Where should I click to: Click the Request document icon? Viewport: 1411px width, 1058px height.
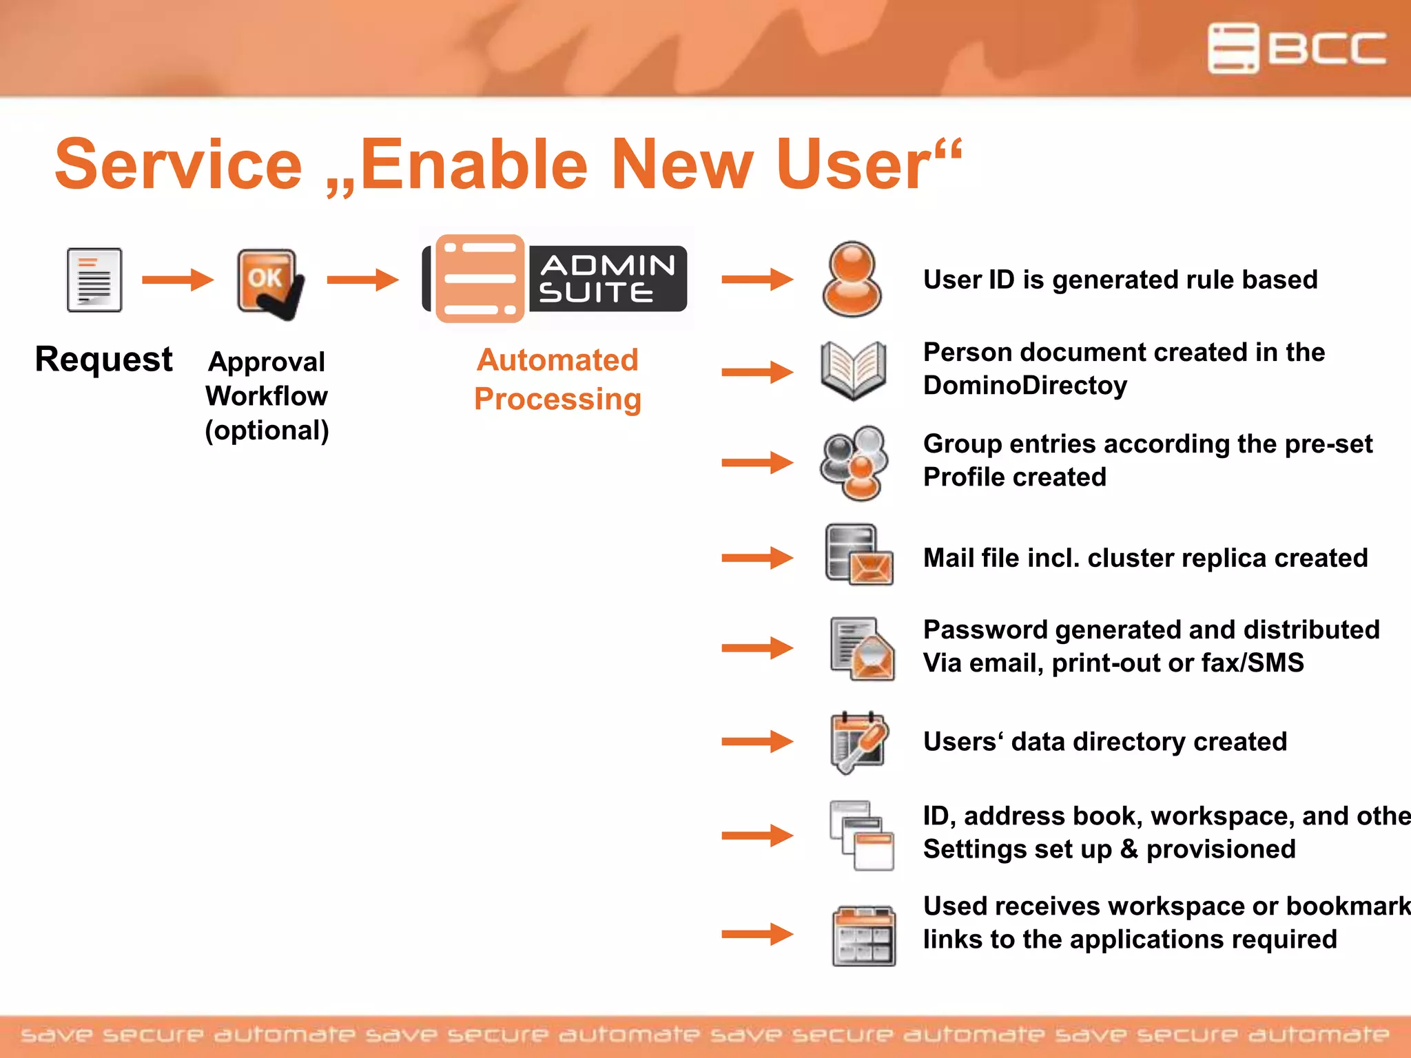pyautogui.click(x=94, y=280)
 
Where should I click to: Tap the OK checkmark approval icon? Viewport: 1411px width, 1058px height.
pyautogui.click(x=269, y=283)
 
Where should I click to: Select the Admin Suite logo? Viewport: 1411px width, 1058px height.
pyautogui.click(x=555, y=279)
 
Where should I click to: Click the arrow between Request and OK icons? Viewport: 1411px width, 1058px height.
pyautogui.click(x=177, y=280)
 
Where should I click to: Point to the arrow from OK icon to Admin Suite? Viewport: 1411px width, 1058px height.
pyautogui.click(x=362, y=280)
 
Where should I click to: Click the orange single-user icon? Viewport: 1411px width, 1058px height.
pyautogui.click(x=852, y=279)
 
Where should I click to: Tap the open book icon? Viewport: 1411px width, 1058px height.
pyautogui.click(x=854, y=371)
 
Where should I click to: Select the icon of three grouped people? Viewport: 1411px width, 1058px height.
pyautogui.click(x=854, y=463)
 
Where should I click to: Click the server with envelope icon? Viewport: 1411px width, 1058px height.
pyautogui.click(x=858, y=555)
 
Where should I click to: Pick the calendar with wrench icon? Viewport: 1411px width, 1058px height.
pyautogui.click(x=858, y=742)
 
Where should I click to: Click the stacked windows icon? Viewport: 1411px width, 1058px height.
pyautogui.click(x=861, y=835)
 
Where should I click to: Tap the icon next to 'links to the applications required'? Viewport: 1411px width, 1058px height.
pyautogui.click(x=863, y=935)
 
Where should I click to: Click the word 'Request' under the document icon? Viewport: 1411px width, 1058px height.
pyautogui.click(x=103, y=360)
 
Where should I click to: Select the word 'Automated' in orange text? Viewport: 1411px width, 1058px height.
pyautogui.click(x=557, y=360)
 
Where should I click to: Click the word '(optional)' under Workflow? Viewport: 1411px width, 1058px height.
pyautogui.click(x=267, y=431)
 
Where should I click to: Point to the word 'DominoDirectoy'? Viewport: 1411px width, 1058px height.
pyautogui.click(x=1024, y=386)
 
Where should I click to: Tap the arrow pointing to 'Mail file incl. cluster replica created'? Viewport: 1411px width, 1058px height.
pyautogui.click(x=757, y=557)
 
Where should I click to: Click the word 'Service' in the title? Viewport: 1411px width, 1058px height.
pyautogui.click(x=178, y=165)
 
